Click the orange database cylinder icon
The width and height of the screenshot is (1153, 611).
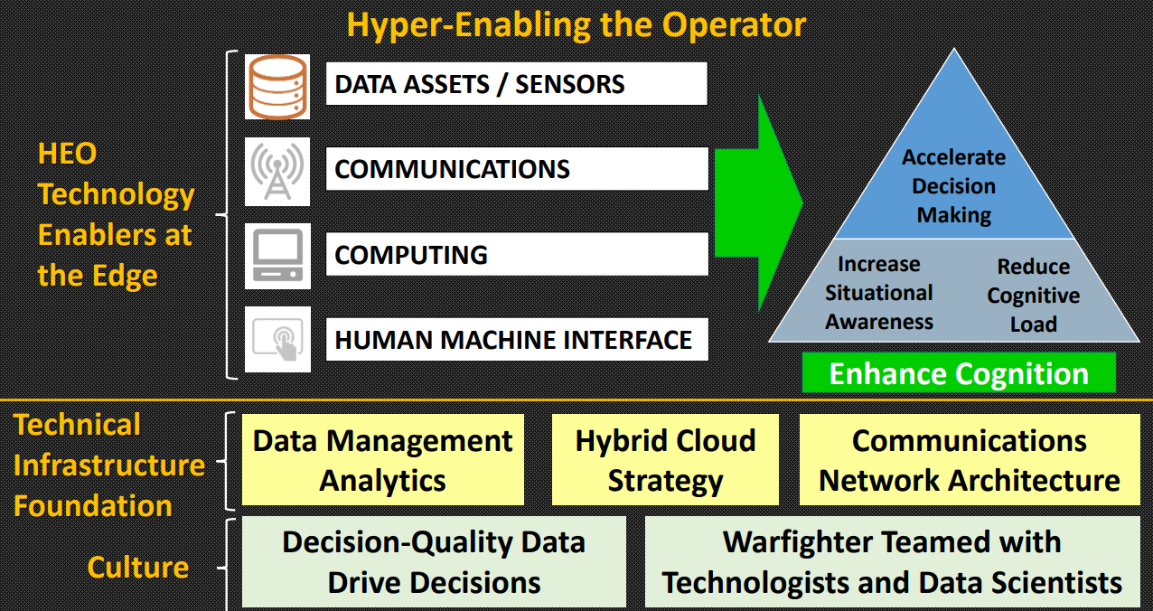coord(277,87)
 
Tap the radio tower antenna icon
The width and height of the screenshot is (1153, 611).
coord(277,172)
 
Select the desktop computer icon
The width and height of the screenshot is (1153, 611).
coord(277,256)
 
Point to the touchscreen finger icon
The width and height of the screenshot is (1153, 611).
coord(277,339)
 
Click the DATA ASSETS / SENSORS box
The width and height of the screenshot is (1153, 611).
coord(516,84)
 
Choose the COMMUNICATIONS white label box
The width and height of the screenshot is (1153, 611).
coord(517,169)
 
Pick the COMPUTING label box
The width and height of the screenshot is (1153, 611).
coord(517,254)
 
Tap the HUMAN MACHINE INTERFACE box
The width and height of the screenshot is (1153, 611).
coord(517,339)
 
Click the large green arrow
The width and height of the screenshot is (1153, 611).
coord(759,202)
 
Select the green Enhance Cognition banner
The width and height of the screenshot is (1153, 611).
coord(959,372)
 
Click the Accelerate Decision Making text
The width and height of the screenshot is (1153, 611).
coord(954,186)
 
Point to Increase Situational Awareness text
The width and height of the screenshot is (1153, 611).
coord(878,293)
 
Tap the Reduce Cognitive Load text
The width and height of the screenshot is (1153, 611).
coord(1033,296)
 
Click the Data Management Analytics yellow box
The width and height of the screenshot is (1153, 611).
coord(383,460)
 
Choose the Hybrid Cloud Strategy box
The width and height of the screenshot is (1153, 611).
coord(665,460)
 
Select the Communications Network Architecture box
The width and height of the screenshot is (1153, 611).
coord(970,460)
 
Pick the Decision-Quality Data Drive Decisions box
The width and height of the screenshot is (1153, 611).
coord(434,561)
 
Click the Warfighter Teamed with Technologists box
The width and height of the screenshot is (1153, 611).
coord(892,561)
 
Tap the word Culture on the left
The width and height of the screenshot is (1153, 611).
coord(138,568)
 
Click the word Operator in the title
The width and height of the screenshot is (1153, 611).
coord(734,24)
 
